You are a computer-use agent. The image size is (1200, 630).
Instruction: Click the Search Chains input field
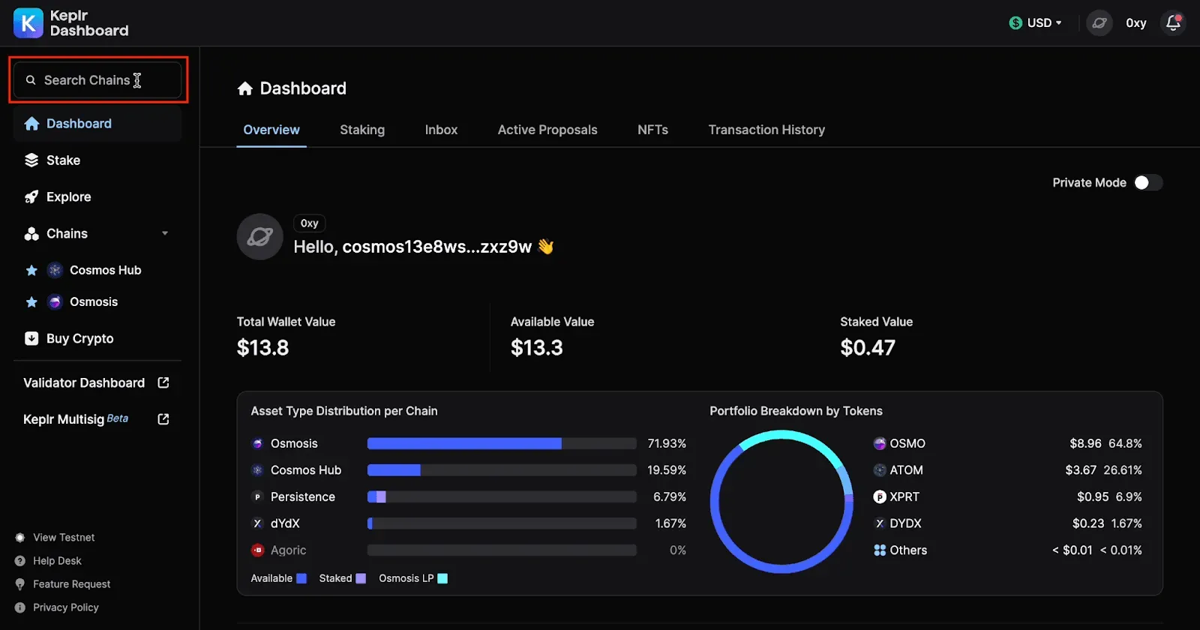coord(97,79)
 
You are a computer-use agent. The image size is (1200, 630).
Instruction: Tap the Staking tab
coord(362,130)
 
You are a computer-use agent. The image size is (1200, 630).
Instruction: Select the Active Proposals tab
coord(547,130)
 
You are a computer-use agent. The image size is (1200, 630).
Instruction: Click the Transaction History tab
coord(766,130)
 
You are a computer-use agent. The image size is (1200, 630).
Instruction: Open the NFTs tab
coord(652,130)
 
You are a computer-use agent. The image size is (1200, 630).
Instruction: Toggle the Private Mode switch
coord(1147,183)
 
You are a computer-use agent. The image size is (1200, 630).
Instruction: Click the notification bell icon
coord(1173,23)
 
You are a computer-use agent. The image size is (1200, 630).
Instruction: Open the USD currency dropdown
coord(1035,23)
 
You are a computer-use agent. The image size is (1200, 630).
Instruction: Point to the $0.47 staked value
coord(867,348)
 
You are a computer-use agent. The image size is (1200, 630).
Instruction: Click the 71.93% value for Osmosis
coord(667,443)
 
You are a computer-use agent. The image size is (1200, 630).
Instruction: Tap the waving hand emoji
coord(545,247)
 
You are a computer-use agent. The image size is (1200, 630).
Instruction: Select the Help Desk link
coord(57,561)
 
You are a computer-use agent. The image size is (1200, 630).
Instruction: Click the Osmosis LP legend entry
coord(412,578)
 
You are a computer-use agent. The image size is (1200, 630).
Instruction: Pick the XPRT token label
coord(904,496)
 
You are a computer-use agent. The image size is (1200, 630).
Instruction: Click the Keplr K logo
coord(28,23)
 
